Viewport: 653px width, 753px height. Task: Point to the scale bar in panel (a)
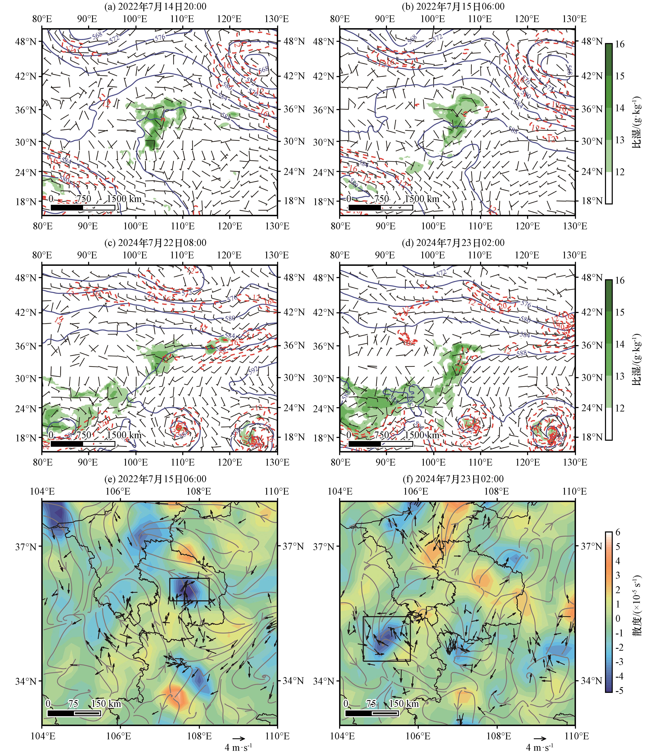83,207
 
